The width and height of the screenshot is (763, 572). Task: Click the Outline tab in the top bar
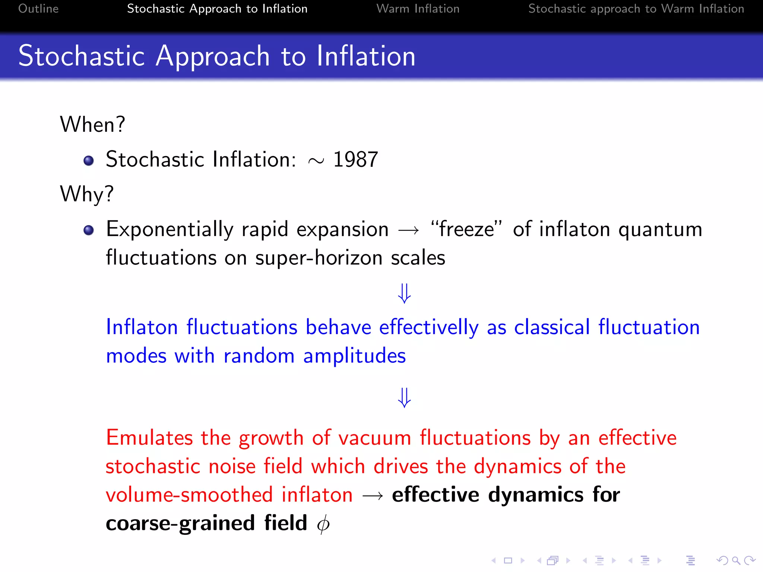[38, 9]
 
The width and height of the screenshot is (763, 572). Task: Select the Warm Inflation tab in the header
[418, 9]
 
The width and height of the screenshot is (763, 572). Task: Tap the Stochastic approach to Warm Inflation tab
[636, 9]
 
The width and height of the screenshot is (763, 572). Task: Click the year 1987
[355, 160]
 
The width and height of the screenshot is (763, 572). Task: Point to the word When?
[92, 124]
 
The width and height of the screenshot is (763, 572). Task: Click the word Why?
[87, 194]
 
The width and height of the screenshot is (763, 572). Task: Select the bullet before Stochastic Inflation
[89, 161]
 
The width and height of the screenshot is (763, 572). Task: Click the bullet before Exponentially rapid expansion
[89, 230]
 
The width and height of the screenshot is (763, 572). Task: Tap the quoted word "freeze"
[466, 229]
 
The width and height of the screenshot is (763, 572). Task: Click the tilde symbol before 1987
[316, 161]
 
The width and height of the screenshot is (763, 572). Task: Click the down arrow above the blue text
[404, 293]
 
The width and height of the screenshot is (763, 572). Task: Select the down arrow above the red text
[404, 398]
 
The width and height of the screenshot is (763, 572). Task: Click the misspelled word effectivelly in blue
[428, 327]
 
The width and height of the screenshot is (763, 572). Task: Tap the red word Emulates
[149, 438]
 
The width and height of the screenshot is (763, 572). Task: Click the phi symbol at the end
[323, 524]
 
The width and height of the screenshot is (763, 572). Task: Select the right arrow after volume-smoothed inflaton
[373, 496]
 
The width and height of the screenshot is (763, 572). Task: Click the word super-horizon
[319, 258]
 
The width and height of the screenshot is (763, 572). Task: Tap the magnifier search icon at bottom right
[735, 560]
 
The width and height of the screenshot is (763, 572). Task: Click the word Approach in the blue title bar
[212, 57]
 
